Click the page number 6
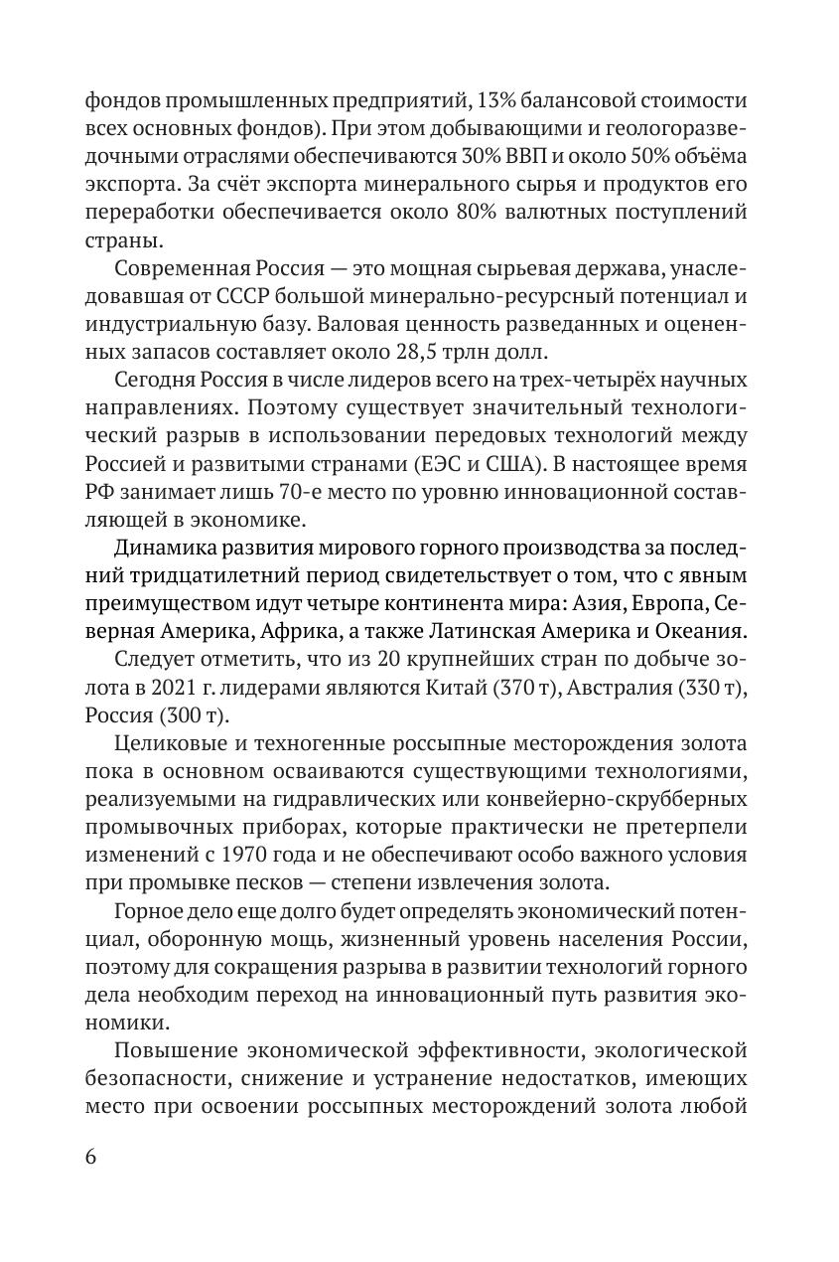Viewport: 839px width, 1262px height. (x=91, y=1160)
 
